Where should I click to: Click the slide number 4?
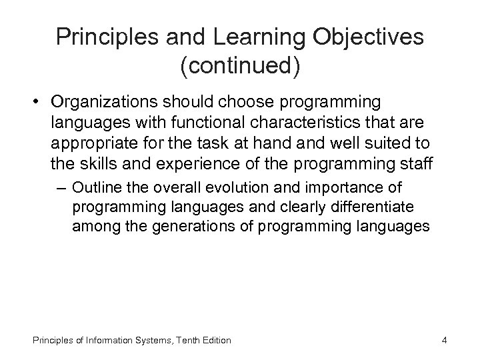(443, 340)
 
